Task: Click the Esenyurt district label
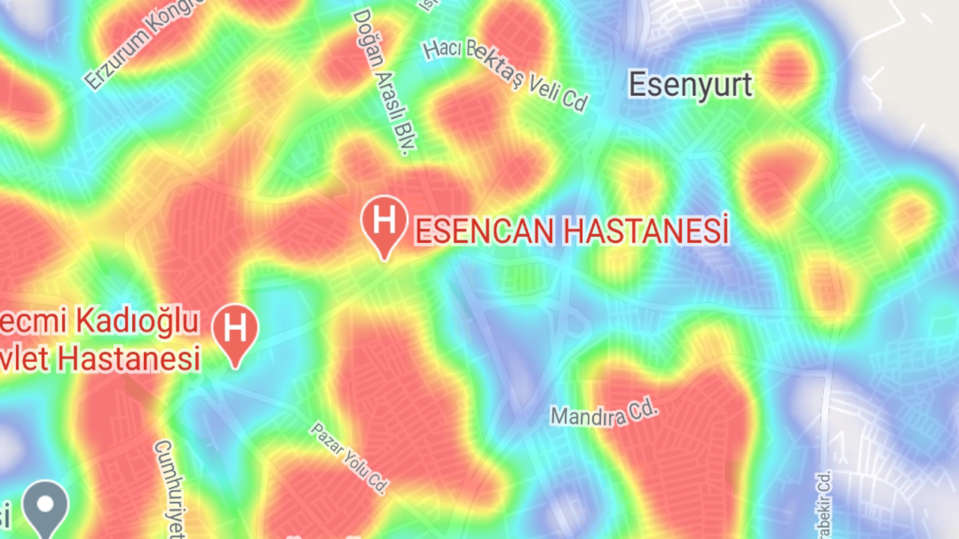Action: pyautogui.click(x=690, y=85)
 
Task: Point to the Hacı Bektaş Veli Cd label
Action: pyautogui.click(x=506, y=75)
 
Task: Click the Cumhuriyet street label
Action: pyautogui.click(x=170, y=490)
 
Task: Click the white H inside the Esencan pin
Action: pyautogui.click(x=384, y=219)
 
